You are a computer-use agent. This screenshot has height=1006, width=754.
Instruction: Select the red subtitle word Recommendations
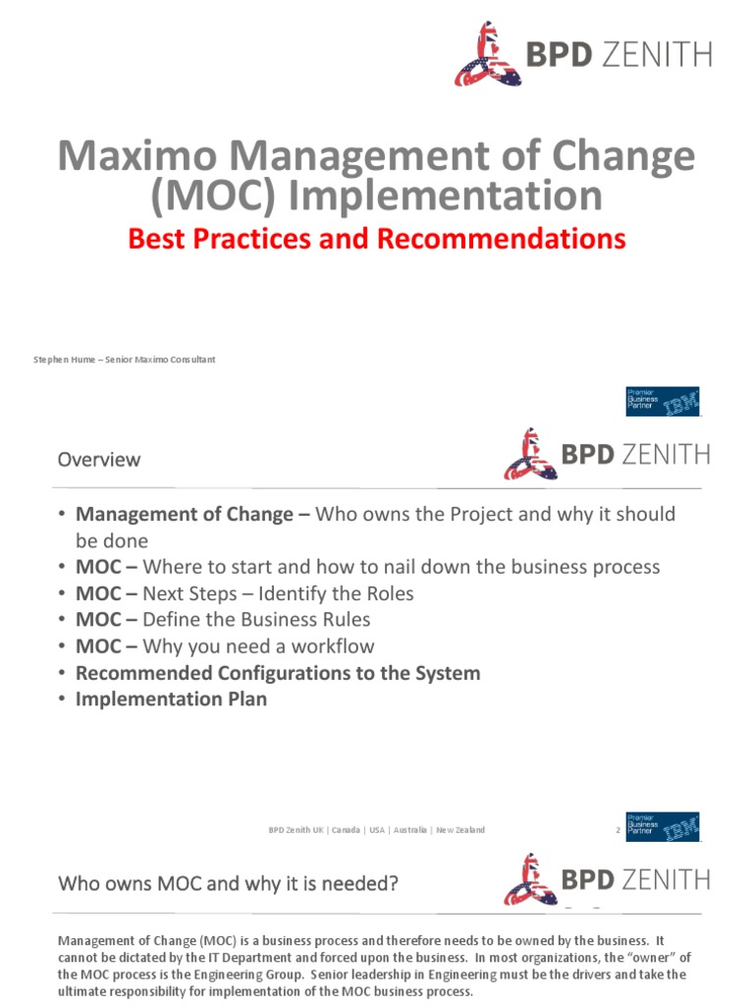[x=519, y=238]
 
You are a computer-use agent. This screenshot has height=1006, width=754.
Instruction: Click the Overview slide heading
[x=98, y=459]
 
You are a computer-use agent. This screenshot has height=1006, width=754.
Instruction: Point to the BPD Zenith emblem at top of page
[x=486, y=54]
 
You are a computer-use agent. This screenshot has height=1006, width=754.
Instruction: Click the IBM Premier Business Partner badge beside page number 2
[x=663, y=827]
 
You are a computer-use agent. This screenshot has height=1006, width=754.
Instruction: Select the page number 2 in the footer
[x=618, y=830]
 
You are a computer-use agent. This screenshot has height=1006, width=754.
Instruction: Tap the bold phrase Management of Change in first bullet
[x=185, y=515]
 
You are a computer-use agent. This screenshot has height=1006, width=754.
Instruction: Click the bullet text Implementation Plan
[x=171, y=699]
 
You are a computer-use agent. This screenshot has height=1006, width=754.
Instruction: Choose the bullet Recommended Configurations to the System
[x=278, y=673]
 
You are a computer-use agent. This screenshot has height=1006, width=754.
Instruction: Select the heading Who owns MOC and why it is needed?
[x=228, y=883]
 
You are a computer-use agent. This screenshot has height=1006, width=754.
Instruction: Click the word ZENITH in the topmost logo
[x=655, y=55]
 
